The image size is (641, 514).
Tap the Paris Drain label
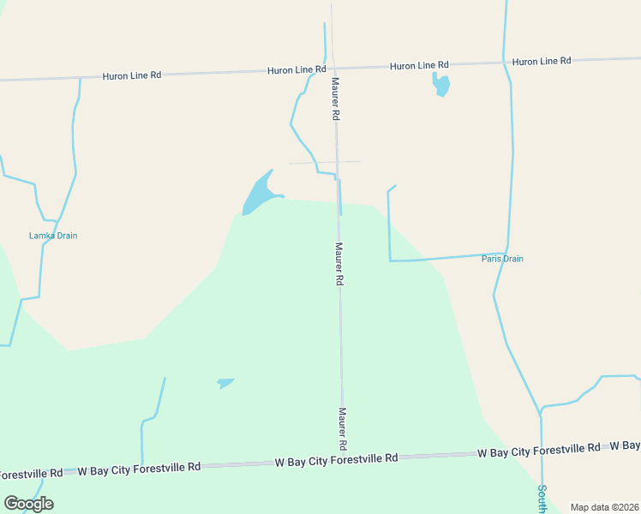[x=502, y=259]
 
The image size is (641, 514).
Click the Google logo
[x=28, y=504]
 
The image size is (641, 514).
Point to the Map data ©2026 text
[x=604, y=507]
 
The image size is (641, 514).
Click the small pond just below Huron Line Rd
[x=441, y=84]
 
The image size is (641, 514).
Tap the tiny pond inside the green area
[x=225, y=383]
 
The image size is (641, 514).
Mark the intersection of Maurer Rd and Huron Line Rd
[x=333, y=67]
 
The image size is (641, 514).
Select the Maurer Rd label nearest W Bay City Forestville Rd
[x=342, y=428]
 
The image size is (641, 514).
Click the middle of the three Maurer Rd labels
[x=339, y=264]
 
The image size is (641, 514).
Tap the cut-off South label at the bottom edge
[x=542, y=500]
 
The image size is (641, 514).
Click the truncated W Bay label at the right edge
[x=625, y=445]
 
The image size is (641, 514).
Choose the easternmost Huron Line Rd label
[x=542, y=62]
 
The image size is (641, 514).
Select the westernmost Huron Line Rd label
[x=132, y=75]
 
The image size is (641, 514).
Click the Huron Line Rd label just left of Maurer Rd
[x=297, y=69]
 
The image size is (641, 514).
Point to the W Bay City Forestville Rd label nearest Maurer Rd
[x=336, y=459]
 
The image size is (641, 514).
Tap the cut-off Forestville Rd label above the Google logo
[x=31, y=473]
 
